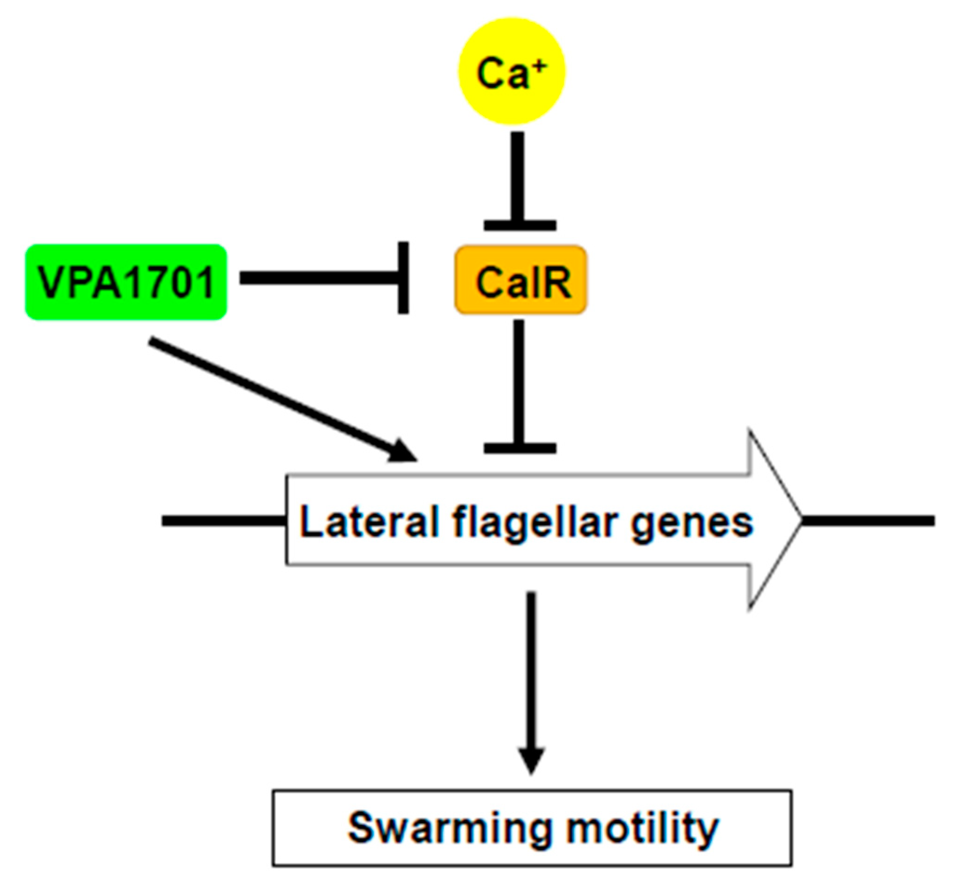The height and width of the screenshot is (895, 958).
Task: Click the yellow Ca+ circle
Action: coord(511,71)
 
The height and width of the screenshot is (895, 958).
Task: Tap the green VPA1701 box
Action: coord(126,282)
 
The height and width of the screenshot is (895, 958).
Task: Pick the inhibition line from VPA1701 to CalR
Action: coord(318,278)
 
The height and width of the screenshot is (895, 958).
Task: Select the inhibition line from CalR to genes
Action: coord(519,380)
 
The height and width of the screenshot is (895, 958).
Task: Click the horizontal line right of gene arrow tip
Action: coord(868,521)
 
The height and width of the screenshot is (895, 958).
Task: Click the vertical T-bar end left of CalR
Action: coord(404,278)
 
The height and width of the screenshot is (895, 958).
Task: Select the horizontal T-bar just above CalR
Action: coord(520,225)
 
